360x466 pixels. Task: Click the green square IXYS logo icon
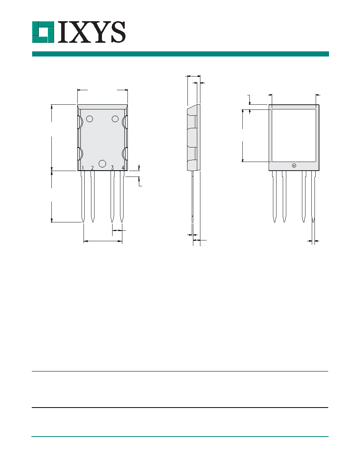pos(43,32)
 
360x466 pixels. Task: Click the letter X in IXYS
pos(79,32)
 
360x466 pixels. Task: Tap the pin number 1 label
pos(83,168)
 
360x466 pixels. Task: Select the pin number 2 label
pos(93,168)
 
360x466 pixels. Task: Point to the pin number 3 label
pos(112,168)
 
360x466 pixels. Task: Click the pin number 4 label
pos(123,168)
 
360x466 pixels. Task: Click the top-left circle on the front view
pos(89,119)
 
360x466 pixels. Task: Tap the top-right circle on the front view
pos(115,119)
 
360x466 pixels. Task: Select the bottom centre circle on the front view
pos(102,164)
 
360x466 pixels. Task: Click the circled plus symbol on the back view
pos(294,166)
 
